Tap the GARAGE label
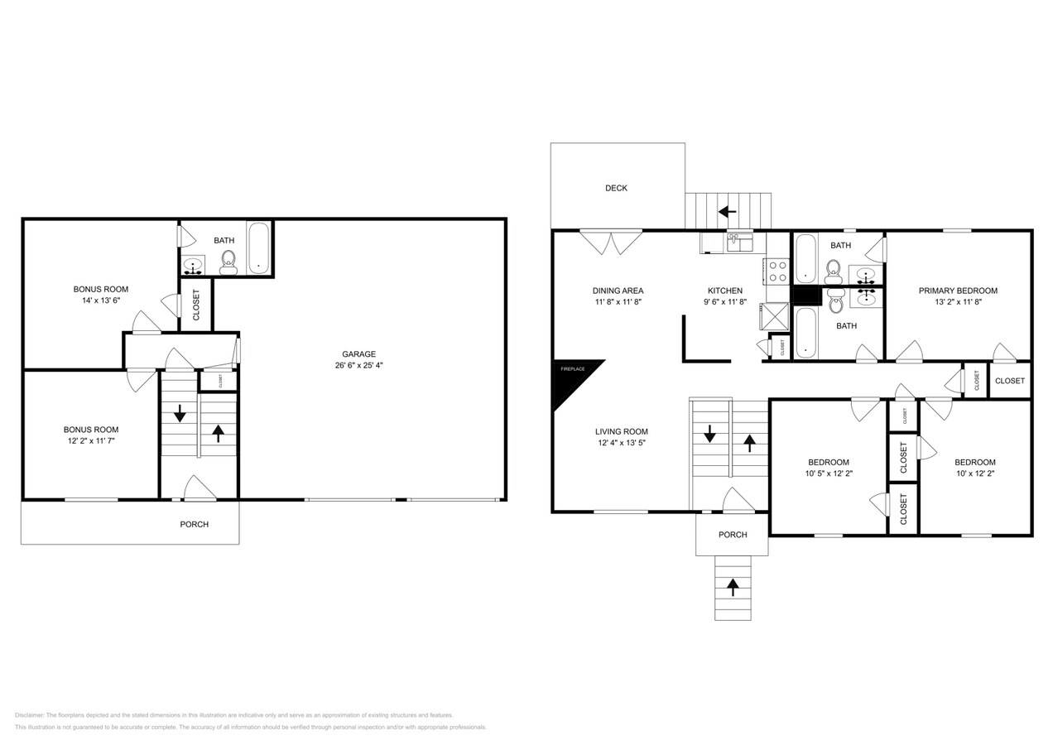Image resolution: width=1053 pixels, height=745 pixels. click(x=359, y=354)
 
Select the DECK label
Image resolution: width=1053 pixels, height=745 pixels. click(x=616, y=188)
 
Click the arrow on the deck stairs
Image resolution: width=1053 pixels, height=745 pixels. click(x=727, y=212)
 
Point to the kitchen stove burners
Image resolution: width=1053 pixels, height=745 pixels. click(x=777, y=272)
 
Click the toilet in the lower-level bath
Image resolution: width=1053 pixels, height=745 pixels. click(x=228, y=262)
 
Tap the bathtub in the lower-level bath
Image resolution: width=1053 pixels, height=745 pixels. click(x=259, y=248)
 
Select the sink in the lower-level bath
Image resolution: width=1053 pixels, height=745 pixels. click(x=193, y=267)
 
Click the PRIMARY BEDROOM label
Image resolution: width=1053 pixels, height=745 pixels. click(x=958, y=291)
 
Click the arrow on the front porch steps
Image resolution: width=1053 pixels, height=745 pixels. click(x=733, y=587)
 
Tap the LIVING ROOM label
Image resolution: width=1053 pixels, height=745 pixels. click(x=621, y=431)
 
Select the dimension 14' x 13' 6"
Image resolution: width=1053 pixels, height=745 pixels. click(x=100, y=300)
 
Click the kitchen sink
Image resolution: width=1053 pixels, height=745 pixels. click(x=733, y=243)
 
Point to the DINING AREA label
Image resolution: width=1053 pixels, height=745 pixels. click(x=618, y=291)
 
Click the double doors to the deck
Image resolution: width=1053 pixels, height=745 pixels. click(x=611, y=241)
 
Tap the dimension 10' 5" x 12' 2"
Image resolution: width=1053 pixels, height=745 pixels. click(x=829, y=473)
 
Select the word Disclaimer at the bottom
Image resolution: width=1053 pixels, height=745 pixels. click(x=29, y=715)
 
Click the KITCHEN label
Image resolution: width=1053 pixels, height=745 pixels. click(x=724, y=291)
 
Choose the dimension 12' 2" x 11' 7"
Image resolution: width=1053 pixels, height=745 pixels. click(x=91, y=441)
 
